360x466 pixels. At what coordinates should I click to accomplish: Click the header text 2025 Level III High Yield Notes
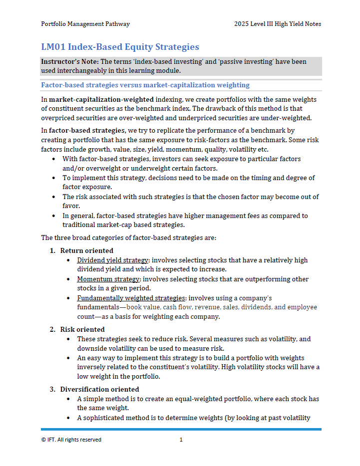pos(278,24)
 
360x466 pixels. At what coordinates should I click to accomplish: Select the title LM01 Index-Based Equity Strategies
pos(120,47)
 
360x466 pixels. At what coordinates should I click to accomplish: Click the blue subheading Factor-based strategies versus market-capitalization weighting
pos(145,85)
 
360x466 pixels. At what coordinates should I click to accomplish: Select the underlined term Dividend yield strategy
pos(112,260)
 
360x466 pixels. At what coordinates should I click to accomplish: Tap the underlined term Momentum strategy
pos(108,279)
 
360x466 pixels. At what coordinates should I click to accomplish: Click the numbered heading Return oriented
pos(86,250)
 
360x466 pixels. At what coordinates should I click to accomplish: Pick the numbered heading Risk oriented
pos(82,329)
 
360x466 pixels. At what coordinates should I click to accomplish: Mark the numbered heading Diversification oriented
pos(99,389)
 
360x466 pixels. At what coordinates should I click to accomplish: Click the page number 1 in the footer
pos(181,440)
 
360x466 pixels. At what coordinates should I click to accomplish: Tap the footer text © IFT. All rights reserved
pos(71,440)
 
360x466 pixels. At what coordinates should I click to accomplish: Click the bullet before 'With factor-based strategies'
pos(54,159)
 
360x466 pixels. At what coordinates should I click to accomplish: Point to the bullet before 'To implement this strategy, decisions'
pos(54,178)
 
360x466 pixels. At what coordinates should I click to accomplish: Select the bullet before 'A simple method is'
pos(68,399)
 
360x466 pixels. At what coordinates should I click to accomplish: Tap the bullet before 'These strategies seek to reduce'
pos(68,339)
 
